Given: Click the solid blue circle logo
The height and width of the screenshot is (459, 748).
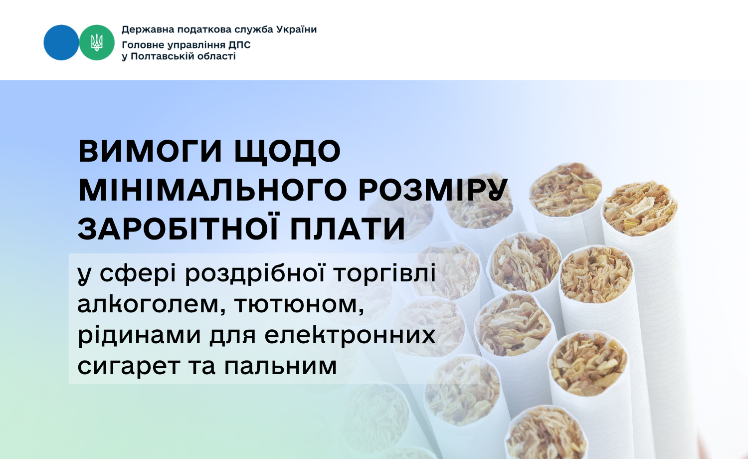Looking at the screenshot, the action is pos(61,42).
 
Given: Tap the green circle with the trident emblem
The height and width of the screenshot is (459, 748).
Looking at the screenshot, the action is pos(97,42).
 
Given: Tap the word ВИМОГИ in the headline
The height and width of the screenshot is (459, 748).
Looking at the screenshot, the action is pos(150,151).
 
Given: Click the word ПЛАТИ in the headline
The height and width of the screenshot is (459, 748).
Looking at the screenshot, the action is pos(348,229).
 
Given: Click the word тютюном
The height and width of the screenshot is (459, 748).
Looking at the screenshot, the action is pos(299,305).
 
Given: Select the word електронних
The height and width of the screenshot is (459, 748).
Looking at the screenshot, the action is pos(350,335).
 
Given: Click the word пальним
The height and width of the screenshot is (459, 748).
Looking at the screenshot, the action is pos(280,366).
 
